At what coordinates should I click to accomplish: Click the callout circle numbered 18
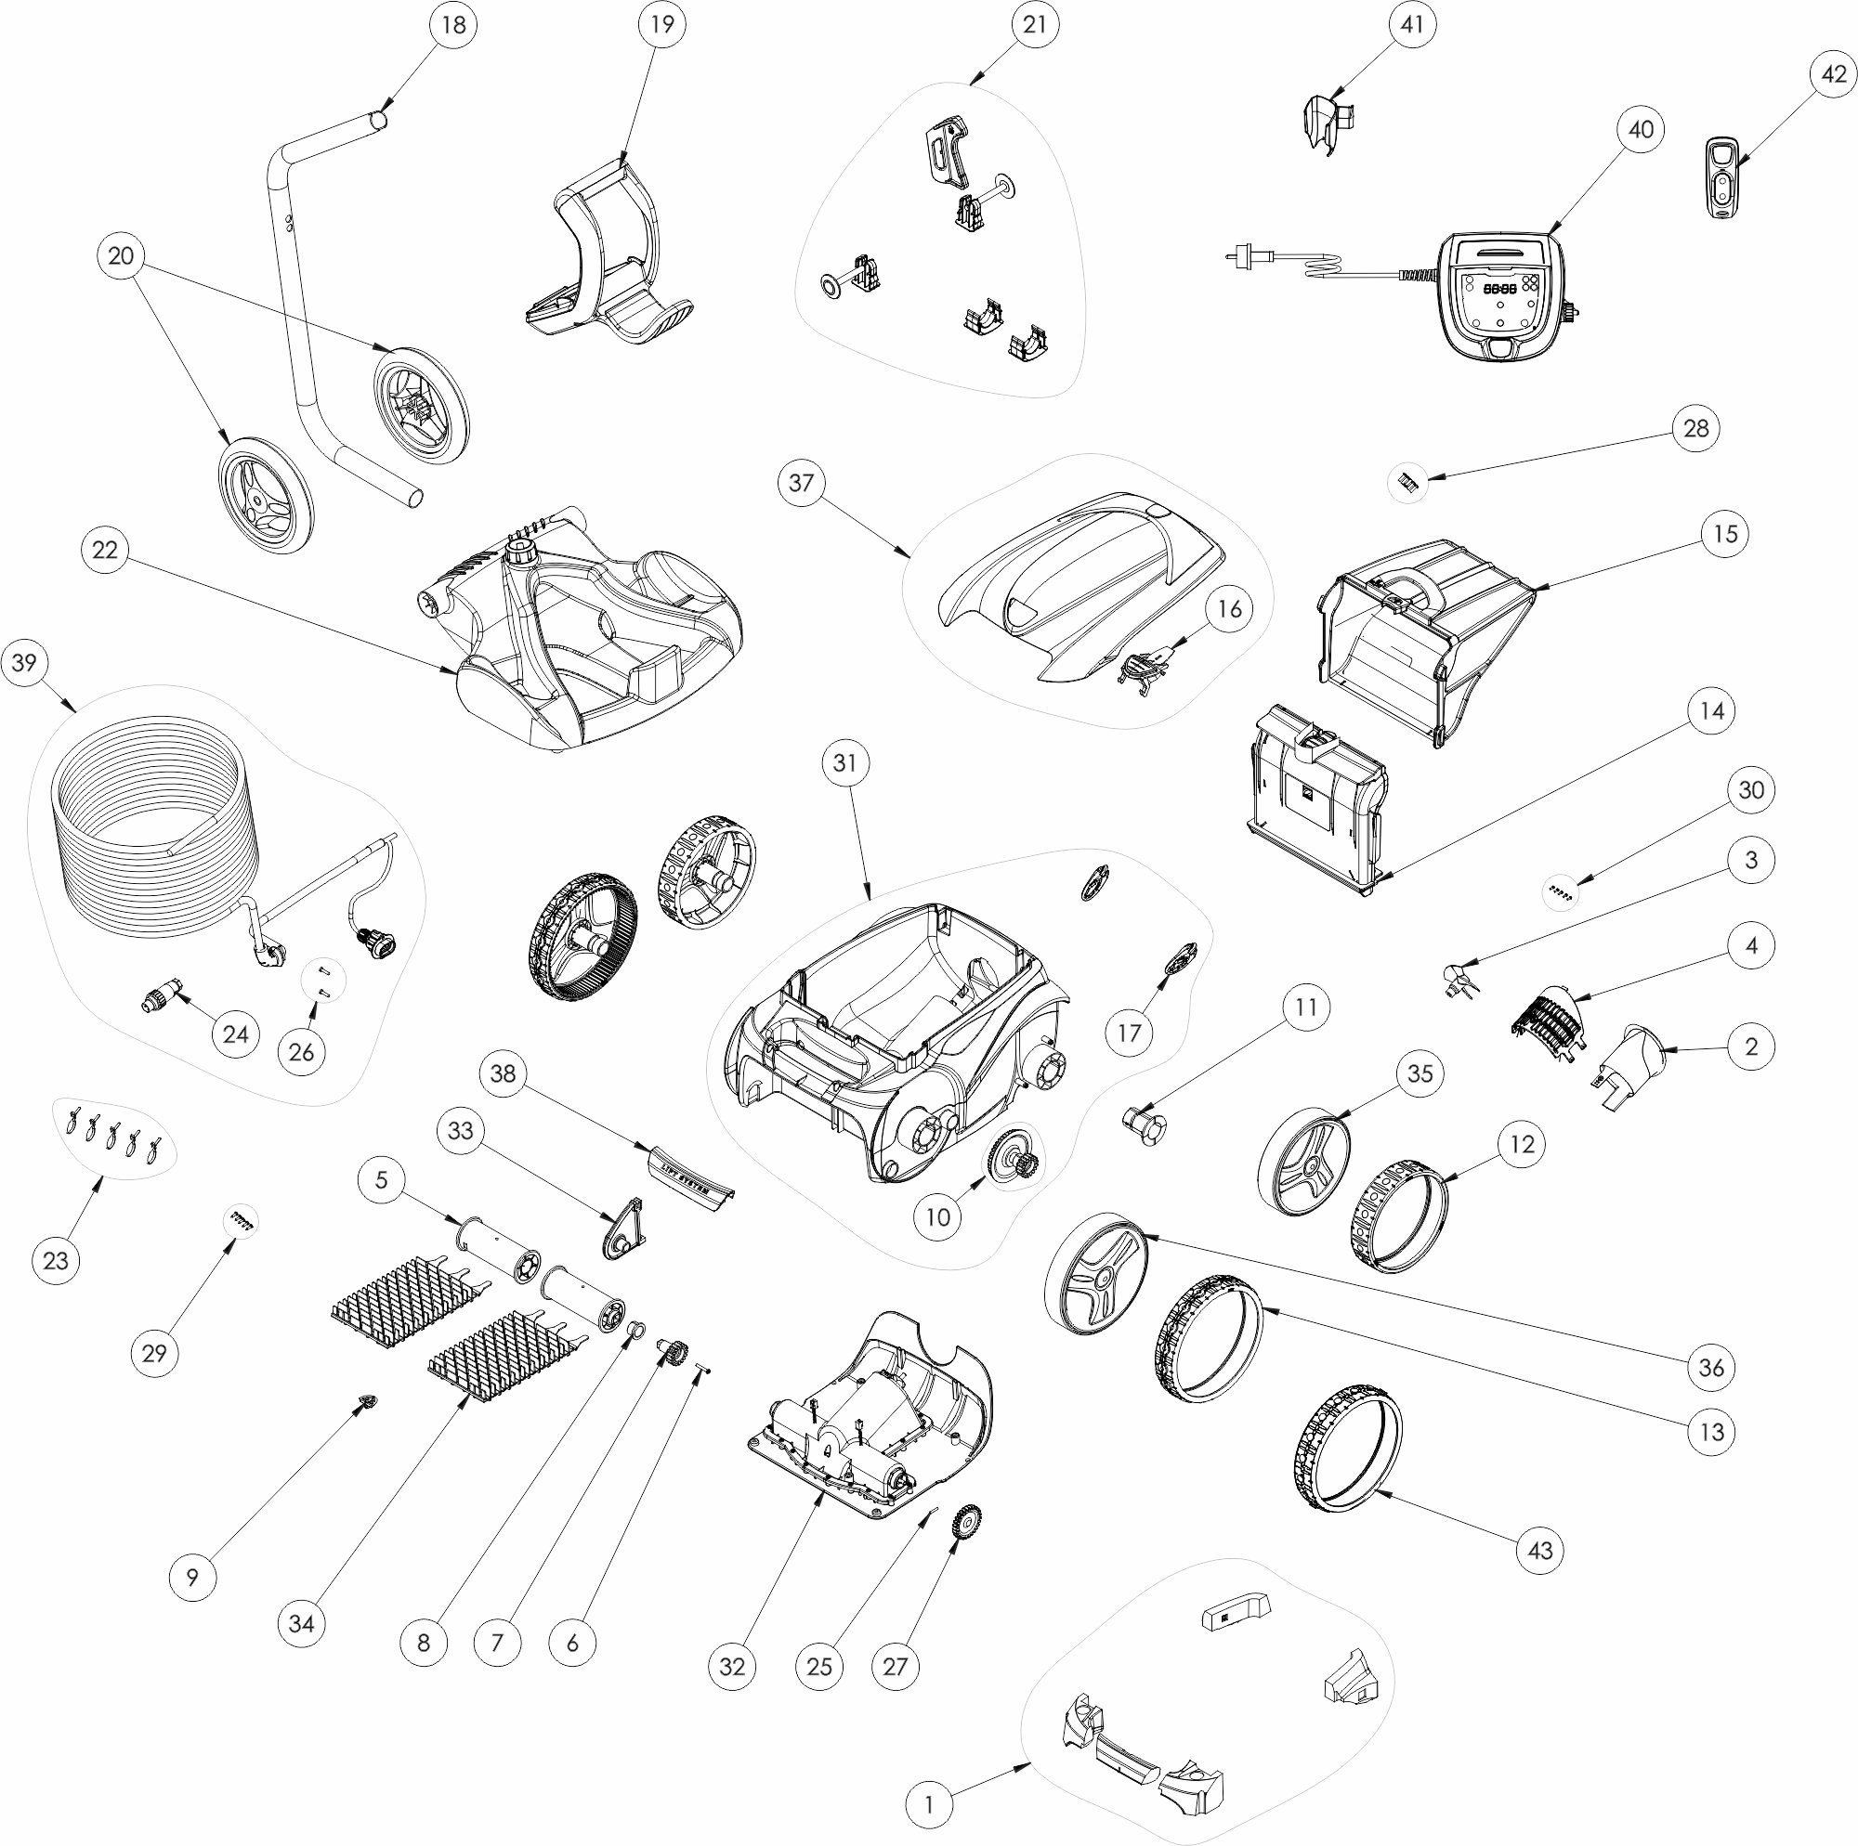tap(452, 25)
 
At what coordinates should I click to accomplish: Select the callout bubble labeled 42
tap(1834, 74)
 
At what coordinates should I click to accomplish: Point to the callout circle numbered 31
tap(844, 762)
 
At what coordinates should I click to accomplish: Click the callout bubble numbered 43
tap(1539, 1550)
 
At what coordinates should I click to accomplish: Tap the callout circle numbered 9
tap(192, 1577)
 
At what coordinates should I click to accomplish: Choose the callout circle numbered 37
tap(801, 483)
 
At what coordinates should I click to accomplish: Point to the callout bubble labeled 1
tap(929, 1803)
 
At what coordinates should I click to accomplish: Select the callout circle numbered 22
tap(105, 550)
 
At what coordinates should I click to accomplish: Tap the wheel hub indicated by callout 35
tap(1303, 1164)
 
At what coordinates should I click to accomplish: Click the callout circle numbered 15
tap(1725, 534)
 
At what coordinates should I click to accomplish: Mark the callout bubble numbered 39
tap(25, 662)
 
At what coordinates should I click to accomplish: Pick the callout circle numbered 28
tap(1695, 428)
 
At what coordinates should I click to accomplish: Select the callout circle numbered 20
tap(121, 255)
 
